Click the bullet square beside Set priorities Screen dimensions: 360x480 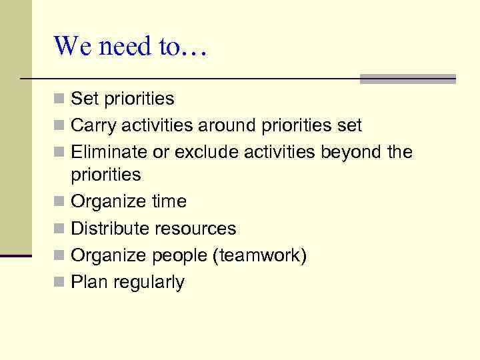click(x=59, y=99)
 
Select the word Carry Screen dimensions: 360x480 click(x=90, y=125)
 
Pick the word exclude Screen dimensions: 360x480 click(x=207, y=153)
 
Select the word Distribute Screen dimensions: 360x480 click(x=110, y=229)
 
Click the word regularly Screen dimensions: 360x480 click(x=149, y=283)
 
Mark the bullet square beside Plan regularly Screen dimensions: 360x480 click(x=59, y=283)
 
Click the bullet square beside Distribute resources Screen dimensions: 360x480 click(x=59, y=229)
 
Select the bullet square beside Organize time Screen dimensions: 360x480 click(x=59, y=202)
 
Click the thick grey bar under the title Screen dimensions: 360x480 click(x=407, y=78)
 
